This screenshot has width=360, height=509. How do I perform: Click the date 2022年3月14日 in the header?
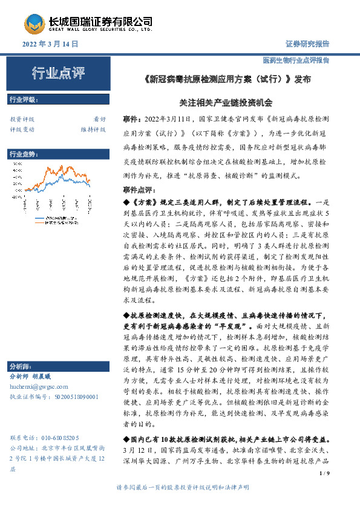tap(51, 44)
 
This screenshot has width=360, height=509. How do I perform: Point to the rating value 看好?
tap(99, 119)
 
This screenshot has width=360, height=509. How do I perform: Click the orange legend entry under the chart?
tap(64, 222)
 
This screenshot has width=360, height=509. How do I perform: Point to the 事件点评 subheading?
tap(138, 190)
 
